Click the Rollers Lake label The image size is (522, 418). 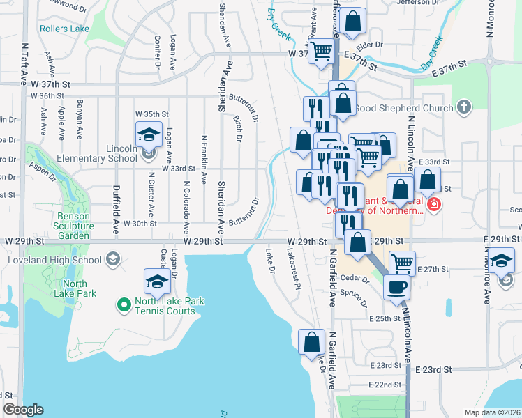(65, 29)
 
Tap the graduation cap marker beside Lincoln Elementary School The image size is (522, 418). (148, 133)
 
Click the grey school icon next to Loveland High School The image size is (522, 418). (112, 261)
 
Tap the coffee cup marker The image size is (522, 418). (396, 287)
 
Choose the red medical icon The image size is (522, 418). (433, 204)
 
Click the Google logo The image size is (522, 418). (24, 410)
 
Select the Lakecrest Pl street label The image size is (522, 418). (293, 272)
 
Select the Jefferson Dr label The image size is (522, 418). (419, 2)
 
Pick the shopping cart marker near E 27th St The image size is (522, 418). (402, 263)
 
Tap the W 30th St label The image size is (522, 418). (140, 224)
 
